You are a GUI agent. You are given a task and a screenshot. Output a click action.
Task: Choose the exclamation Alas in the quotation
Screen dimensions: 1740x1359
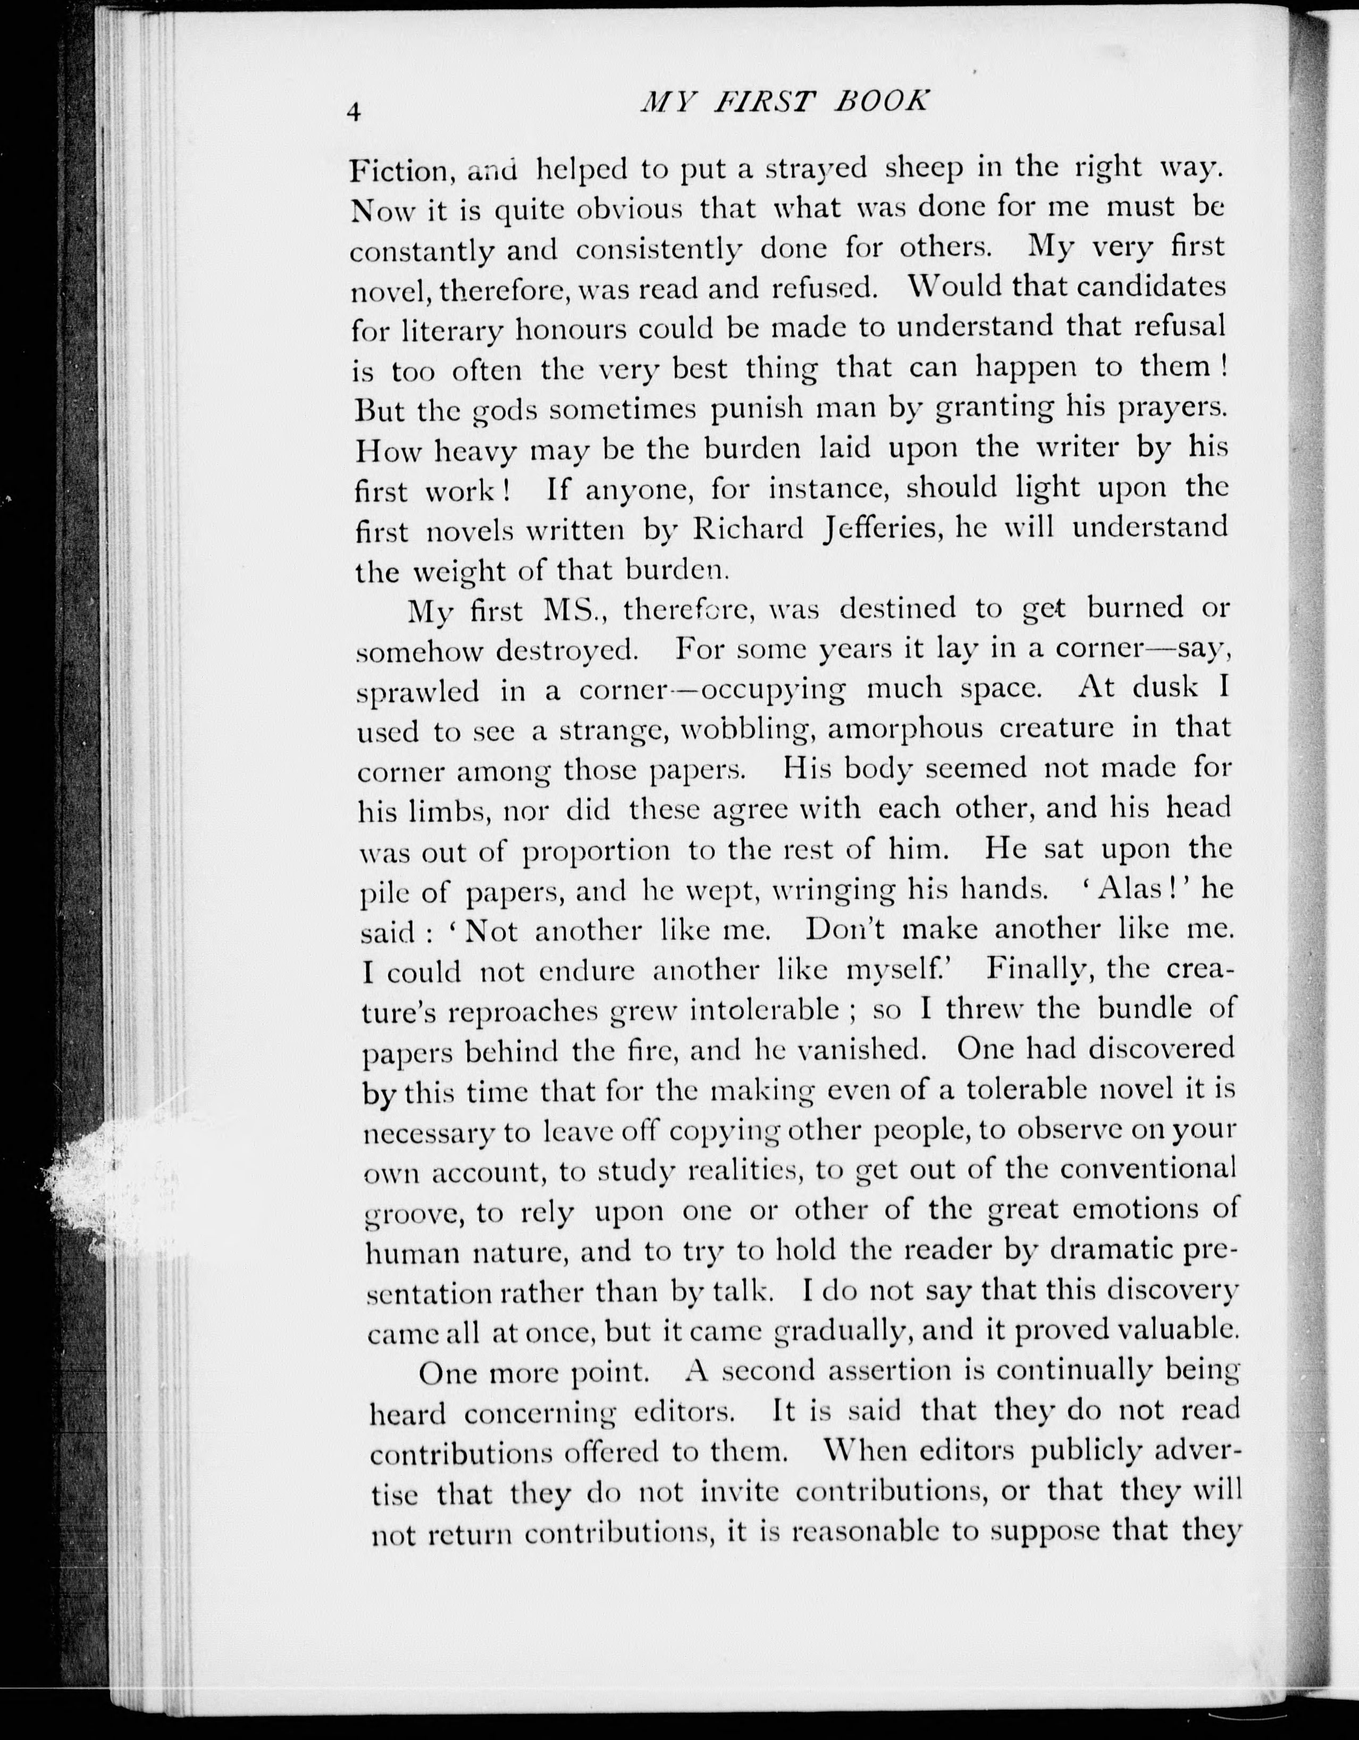coord(1121,888)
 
